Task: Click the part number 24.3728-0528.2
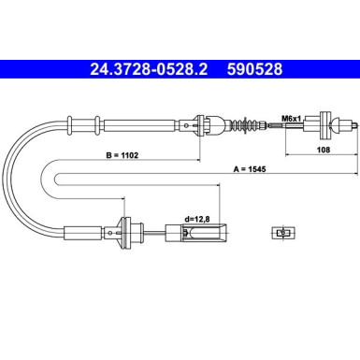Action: point(149,69)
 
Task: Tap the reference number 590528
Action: point(254,69)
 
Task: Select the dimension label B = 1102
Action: point(122,155)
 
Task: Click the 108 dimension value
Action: point(324,150)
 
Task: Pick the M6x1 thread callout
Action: point(291,119)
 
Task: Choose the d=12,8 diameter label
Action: point(197,219)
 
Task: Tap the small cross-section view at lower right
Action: point(282,233)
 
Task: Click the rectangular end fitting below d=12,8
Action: point(195,233)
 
